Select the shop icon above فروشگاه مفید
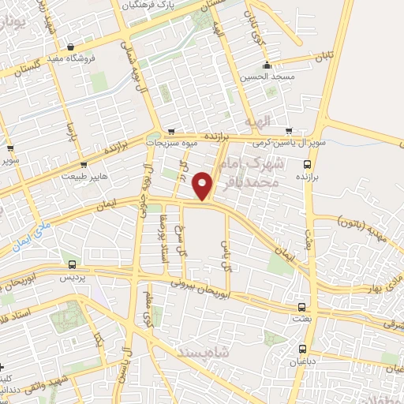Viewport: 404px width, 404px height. [x=73, y=47]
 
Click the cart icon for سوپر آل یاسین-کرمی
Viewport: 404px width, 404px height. [x=288, y=130]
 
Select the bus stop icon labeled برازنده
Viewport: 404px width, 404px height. [x=308, y=164]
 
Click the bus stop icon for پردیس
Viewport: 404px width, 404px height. [x=73, y=265]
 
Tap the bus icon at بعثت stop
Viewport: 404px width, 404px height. [x=301, y=307]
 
